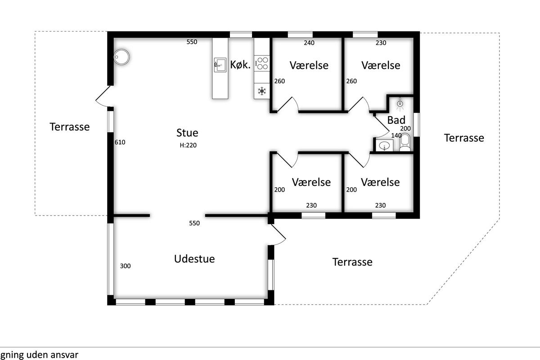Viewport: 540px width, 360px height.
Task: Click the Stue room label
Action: (x=187, y=133)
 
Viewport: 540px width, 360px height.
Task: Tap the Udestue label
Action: (x=194, y=259)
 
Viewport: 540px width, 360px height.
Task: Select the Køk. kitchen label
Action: (x=240, y=65)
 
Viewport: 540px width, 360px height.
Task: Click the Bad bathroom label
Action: (x=396, y=120)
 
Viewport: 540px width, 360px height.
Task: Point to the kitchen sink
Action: (x=220, y=65)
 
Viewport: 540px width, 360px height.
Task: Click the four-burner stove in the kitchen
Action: (x=262, y=63)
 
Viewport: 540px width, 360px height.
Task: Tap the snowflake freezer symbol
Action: (x=262, y=91)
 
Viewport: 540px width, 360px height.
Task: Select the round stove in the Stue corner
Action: (x=121, y=57)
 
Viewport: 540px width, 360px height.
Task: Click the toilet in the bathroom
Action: (x=405, y=142)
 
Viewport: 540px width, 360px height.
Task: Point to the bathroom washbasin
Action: (x=384, y=145)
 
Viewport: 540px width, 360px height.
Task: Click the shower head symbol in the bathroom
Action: (x=400, y=104)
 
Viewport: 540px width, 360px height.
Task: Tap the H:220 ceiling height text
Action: (x=188, y=145)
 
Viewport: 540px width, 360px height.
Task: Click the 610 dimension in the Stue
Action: (x=120, y=142)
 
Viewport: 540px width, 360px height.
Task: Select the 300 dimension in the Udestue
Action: (x=126, y=266)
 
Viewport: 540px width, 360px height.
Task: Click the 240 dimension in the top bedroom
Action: (x=309, y=43)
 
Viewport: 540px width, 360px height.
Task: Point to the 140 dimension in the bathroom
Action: (x=396, y=135)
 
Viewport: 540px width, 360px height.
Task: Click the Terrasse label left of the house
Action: (x=70, y=127)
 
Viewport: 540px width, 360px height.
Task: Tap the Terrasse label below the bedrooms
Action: (x=352, y=262)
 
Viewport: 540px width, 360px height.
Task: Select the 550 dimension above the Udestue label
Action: (x=194, y=223)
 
